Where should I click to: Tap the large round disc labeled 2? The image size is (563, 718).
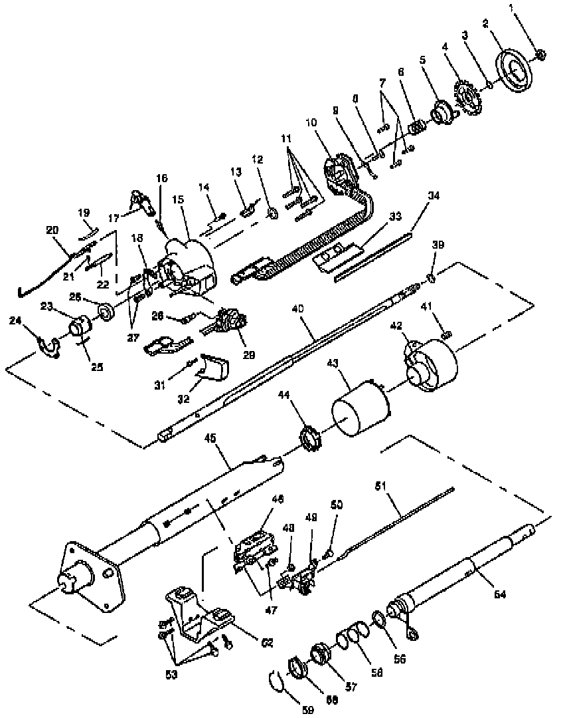pyautogui.click(x=515, y=70)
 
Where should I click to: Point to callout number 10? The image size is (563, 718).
pyautogui.click(x=313, y=122)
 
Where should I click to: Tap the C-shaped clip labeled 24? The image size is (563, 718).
pyautogui.click(x=48, y=344)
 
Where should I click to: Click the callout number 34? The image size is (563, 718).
pyautogui.click(x=415, y=196)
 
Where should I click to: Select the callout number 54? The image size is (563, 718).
pyautogui.click(x=500, y=595)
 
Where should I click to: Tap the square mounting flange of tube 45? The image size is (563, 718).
pyautogui.click(x=93, y=573)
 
